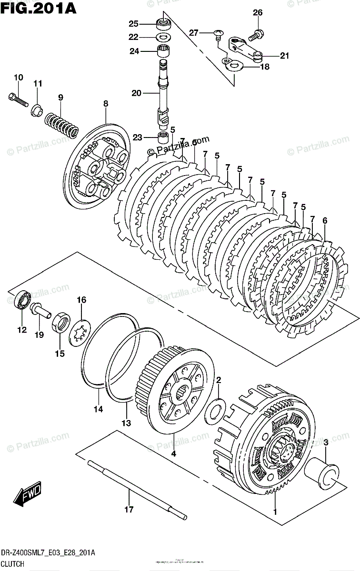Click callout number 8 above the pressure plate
(105, 103)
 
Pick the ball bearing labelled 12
(22, 300)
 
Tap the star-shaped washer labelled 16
(80, 330)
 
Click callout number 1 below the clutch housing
(274, 512)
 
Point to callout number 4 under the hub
(173, 454)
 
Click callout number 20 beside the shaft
(136, 94)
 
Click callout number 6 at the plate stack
(325, 220)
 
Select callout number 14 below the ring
(98, 409)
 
